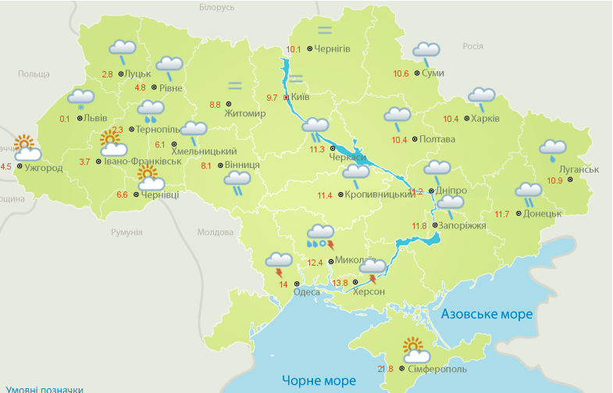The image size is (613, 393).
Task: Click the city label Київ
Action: point(300,98)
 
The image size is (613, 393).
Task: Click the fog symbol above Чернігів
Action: point(324,31)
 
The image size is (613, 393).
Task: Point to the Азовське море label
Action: point(486,314)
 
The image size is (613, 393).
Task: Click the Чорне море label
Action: point(314,380)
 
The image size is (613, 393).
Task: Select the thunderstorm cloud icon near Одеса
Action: point(279,263)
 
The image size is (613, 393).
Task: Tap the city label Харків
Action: point(485,119)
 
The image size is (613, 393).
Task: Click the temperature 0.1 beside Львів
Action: point(65,119)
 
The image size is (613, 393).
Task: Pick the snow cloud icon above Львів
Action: point(80,100)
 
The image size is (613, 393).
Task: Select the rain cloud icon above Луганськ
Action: point(553,150)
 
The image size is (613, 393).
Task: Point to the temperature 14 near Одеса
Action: point(283,284)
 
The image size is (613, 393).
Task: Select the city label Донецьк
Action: point(542,213)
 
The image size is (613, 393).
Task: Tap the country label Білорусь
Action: point(216,7)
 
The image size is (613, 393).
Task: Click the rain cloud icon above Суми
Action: point(426,52)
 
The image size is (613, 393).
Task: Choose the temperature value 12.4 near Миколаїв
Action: point(315,263)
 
